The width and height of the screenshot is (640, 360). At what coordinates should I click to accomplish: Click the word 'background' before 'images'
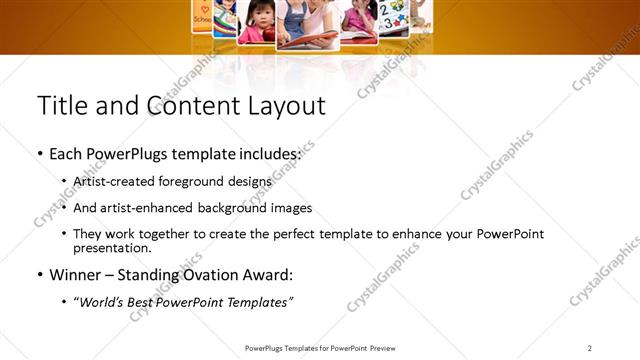(x=239, y=208)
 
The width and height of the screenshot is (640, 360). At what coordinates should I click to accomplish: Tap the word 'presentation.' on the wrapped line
(x=112, y=248)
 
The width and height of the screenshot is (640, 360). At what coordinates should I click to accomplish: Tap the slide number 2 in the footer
(x=589, y=348)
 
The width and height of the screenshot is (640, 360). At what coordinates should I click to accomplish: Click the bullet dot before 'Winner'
(x=40, y=274)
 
